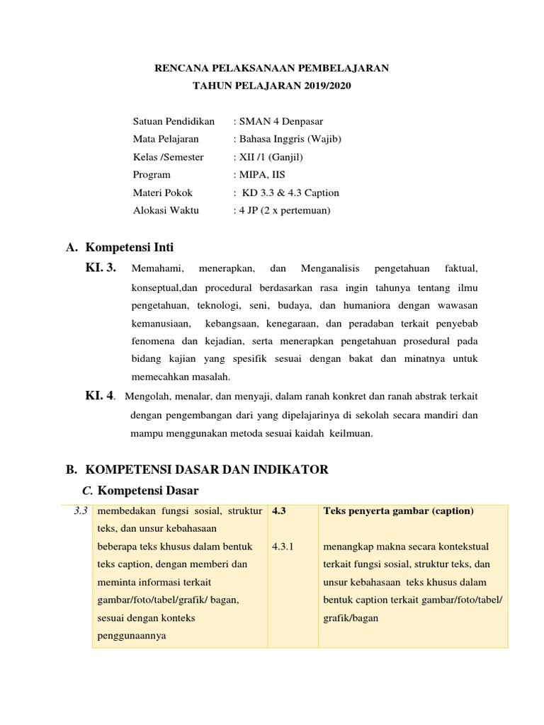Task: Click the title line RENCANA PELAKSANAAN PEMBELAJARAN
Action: coord(271,69)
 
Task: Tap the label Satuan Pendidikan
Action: coord(174,121)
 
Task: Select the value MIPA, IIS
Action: coord(261,174)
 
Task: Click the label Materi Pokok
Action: coord(162,193)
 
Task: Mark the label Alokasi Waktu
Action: coord(166,210)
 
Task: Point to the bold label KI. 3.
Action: coord(101,268)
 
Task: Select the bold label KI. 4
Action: coord(100,395)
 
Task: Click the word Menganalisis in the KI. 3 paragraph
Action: coord(330,268)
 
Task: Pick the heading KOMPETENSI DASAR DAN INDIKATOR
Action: coord(206,469)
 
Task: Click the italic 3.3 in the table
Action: coord(80,511)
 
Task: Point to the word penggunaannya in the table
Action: coord(130,636)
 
